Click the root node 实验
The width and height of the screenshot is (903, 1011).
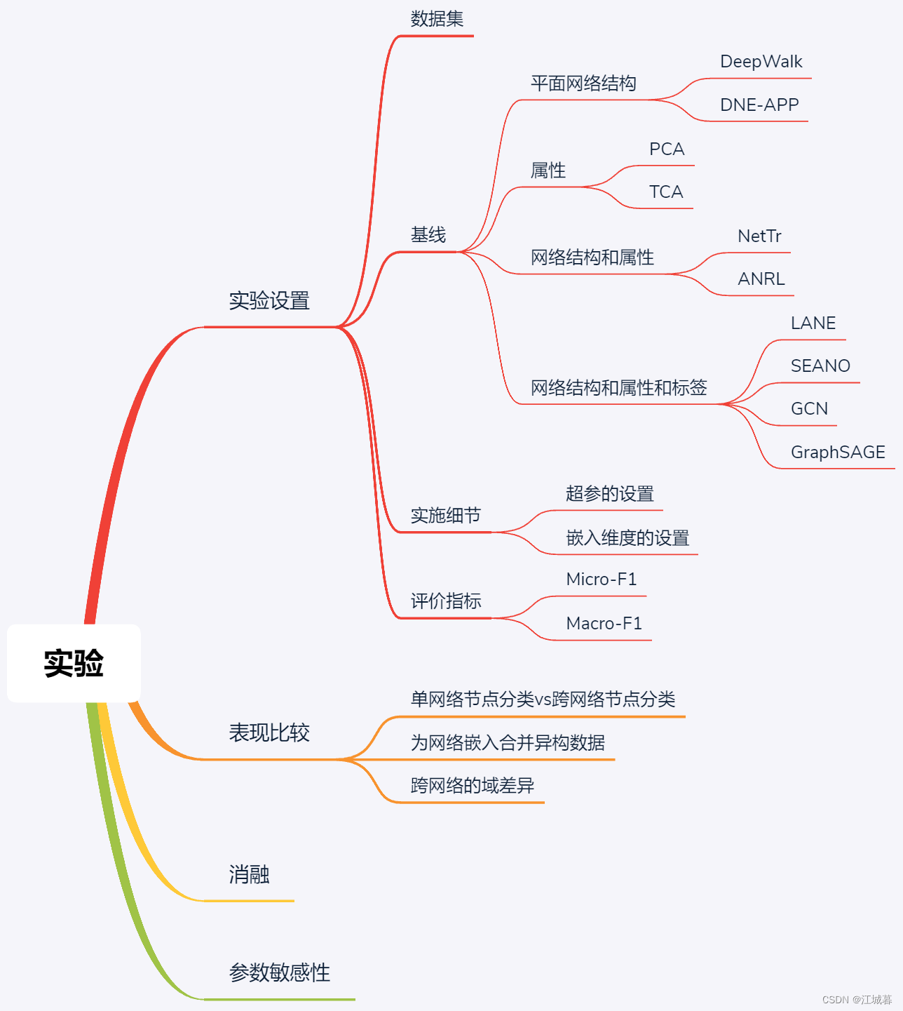click(74, 663)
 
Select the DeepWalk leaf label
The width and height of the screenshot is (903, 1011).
click(761, 62)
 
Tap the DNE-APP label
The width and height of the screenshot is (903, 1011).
click(759, 105)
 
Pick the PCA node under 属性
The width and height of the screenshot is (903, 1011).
click(666, 149)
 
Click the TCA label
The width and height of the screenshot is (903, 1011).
click(665, 192)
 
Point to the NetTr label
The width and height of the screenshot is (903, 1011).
click(759, 236)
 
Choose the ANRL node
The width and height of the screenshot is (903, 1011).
click(761, 279)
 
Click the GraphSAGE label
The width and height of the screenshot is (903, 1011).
click(838, 453)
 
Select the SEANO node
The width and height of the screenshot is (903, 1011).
click(820, 366)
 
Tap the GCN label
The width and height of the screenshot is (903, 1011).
click(809, 409)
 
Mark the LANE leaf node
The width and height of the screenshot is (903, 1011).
click(813, 323)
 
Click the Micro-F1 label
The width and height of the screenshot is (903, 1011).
click(601, 580)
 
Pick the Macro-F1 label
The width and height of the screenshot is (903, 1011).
click(604, 624)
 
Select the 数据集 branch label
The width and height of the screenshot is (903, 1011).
click(437, 19)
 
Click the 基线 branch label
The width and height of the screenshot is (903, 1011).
click(428, 235)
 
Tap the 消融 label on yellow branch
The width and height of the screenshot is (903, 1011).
click(249, 875)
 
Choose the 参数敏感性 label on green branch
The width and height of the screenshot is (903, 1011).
click(279, 973)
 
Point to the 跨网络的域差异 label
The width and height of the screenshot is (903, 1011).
click(472, 786)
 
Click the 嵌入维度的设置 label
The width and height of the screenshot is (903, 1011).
click(627, 538)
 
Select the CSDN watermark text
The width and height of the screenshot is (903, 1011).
click(857, 1000)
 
